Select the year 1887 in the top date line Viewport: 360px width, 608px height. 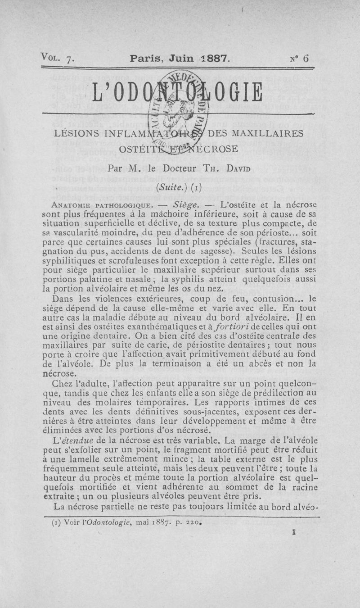(215, 58)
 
